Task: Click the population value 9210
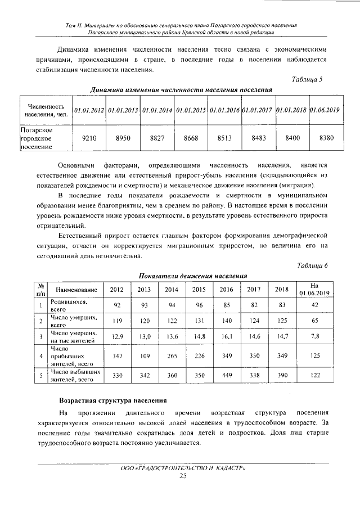pos(89,137)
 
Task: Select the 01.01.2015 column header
pos(191,110)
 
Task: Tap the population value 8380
pos(326,137)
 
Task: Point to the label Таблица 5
pos(307,80)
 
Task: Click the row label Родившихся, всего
pos(68,305)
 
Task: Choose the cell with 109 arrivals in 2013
pos(145,355)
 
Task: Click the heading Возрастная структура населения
pos(113,400)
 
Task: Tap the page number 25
pos(182,476)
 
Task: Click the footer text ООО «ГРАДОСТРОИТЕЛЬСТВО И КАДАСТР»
pos(183,469)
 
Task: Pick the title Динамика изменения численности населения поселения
pos(182,90)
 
